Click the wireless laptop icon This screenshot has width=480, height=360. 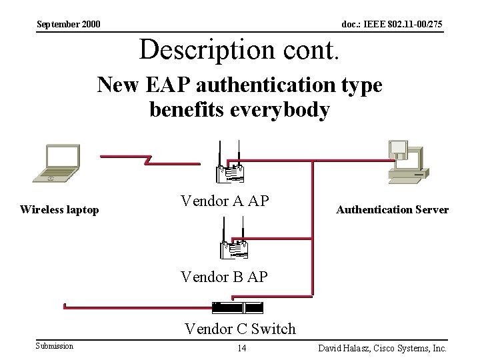(56, 163)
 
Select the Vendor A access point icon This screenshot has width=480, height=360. (230, 165)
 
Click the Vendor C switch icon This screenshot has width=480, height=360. (238, 307)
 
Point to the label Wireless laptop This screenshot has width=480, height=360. (59, 210)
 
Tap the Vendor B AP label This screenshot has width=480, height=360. (224, 275)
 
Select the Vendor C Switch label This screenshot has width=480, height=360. (240, 328)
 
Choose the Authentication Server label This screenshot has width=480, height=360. (392, 210)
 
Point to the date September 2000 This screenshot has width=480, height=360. (69, 25)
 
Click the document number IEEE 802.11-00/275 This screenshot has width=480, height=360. (391, 25)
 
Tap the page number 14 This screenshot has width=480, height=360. (242, 349)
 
